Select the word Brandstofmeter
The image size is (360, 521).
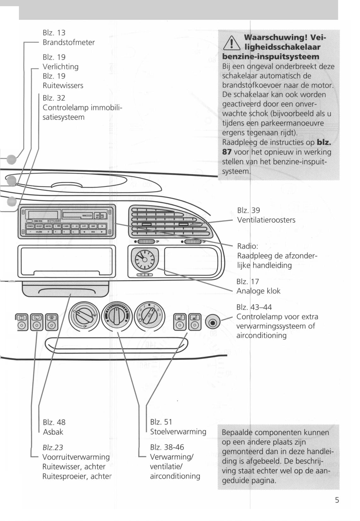point(68,42)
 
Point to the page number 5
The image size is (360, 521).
point(337,500)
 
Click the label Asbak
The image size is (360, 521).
point(53,432)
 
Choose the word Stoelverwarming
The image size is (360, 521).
point(178,432)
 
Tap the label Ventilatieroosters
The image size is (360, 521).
point(266,220)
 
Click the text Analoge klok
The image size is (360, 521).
point(258,291)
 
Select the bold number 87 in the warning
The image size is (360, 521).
point(227,152)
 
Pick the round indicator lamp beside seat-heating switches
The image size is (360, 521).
point(212,322)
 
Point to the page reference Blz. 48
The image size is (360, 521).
point(54,422)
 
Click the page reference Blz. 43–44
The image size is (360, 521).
point(254,307)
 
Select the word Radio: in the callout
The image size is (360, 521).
point(247,246)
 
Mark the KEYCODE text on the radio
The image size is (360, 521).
point(54,221)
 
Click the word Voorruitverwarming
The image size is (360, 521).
point(76,457)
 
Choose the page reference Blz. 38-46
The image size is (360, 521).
point(167,447)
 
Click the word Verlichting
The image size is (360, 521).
point(61,66)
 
